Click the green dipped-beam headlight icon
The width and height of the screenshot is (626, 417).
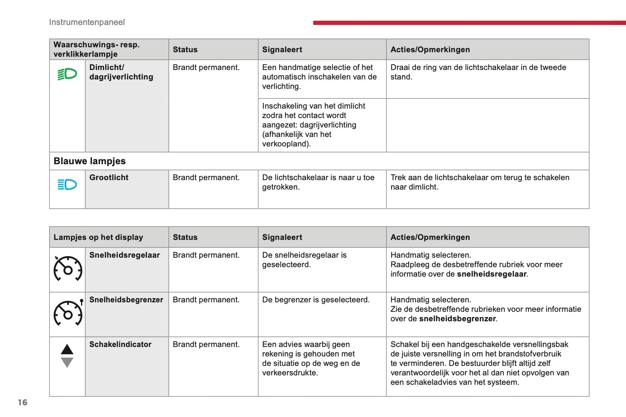[x=67, y=74]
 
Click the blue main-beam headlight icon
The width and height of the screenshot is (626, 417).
[x=67, y=185]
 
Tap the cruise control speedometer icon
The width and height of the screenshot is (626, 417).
[x=68, y=269]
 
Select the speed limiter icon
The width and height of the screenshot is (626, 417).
[x=68, y=313]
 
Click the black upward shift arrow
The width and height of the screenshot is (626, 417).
[x=67, y=349]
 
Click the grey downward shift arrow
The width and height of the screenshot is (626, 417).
[x=67, y=363]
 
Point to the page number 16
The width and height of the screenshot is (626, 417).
[x=23, y=402]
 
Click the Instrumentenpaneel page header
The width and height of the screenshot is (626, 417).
[x=87, y=22]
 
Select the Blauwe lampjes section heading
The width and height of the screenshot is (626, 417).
[x=90, y=161]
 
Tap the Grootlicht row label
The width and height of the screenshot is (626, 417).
[x=109, y=177]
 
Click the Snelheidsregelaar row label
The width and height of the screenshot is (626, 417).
[x=125, y=255]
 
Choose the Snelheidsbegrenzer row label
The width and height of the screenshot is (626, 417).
[x=126, y=300]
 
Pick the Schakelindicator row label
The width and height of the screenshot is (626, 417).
[x=120, y=344]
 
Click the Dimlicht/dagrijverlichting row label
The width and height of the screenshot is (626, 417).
[x=121, y=72]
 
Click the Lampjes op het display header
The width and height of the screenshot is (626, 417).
[x=98, y=237]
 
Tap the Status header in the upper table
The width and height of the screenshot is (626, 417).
[x=185, y=50]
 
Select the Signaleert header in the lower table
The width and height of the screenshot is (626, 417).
[x=282, y=237]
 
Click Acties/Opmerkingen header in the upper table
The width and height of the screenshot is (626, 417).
[x=430, y=50]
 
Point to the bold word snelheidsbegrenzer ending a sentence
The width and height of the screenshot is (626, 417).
[x=457, y=319]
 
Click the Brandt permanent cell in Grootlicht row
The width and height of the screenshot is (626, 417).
[x=206, y=177]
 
